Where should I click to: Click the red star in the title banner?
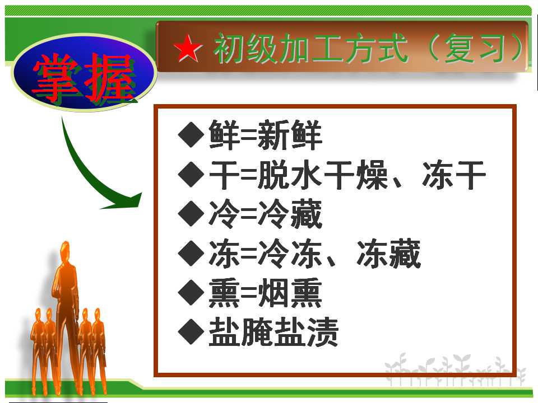coord(188,48)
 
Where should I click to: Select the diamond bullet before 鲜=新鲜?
coord(191,135)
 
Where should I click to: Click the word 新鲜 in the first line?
coord(290,135)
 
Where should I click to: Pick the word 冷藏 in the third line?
coord(290,214)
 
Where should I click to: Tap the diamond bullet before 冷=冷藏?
coord(191,213)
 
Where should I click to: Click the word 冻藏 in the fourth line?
coord(388,254)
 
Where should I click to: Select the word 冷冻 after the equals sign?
coord(290,254)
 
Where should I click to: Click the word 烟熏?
coord(290,293)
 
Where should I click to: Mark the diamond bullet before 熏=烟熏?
coord(191,292)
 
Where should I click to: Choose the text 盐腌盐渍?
coord(273,332)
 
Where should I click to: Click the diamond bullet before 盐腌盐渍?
coord(191,332)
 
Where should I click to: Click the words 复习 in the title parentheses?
coord(475,49)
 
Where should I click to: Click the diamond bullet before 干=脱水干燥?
coord(191,174)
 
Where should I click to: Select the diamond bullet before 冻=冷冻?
coord(191,253)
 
